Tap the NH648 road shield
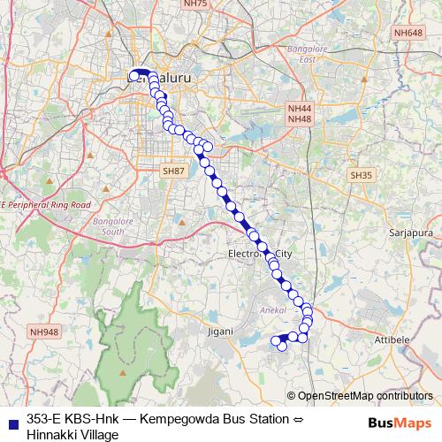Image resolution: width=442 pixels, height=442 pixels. point(409,33)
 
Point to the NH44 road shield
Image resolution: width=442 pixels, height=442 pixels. point(301,107)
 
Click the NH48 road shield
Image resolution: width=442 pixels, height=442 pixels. point(301,118)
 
